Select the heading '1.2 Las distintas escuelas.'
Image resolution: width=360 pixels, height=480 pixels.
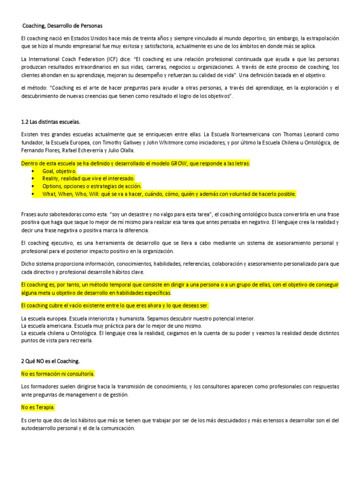(51, 122)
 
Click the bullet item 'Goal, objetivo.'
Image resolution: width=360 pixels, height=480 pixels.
(60, 171)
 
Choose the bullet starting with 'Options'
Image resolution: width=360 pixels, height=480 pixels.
(91, 186)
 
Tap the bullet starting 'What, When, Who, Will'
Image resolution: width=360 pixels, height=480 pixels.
(169, 194)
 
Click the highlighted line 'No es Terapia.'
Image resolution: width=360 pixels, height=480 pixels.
(38, 407)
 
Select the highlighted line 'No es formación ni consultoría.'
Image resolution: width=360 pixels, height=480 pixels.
(58, 374)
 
